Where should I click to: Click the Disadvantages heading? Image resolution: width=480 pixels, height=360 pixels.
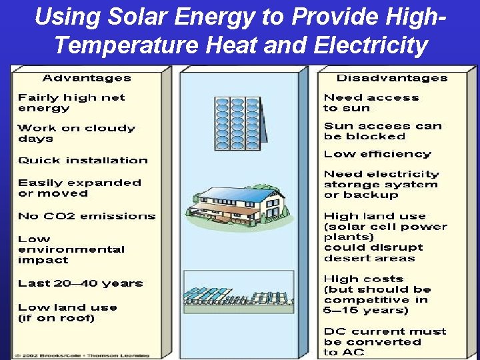391,78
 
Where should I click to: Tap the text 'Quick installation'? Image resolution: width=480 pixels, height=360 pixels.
83,161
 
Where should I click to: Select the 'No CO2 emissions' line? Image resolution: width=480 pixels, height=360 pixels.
87,216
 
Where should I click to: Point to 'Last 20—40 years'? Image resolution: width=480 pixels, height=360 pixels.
80,283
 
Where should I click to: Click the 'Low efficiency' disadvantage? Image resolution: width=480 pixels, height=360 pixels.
377,154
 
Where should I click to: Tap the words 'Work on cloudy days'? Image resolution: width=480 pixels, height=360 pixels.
76,133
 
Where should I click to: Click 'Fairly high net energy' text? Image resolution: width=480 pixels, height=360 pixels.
71,103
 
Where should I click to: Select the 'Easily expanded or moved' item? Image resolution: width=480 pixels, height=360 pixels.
79,188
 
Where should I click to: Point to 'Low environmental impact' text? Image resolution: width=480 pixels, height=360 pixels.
71,249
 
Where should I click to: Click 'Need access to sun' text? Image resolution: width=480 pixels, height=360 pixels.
371,103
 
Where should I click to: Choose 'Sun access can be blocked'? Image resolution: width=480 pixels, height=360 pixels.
383,131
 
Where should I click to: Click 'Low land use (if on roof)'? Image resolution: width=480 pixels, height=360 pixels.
67,313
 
